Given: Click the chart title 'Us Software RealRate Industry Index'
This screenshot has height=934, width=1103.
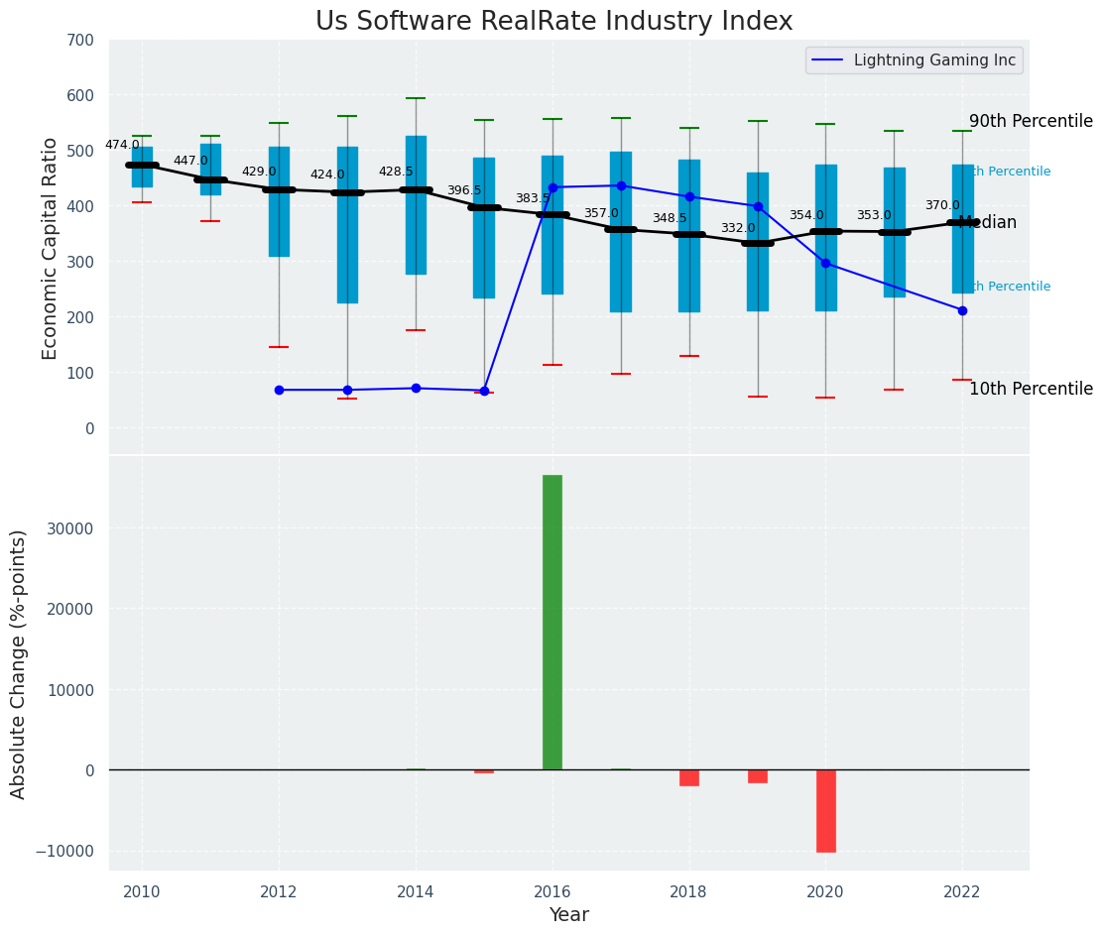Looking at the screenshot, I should [553, 22].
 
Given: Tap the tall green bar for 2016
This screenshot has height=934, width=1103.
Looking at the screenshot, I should [552, 622].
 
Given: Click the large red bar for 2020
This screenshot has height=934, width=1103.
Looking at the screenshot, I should [825, 810].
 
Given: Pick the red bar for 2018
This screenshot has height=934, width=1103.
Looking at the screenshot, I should [689, 777].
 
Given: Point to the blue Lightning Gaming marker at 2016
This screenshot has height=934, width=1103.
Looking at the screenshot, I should [552, 187].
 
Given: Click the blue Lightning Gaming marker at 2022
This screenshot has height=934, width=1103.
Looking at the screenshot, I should [962, 310].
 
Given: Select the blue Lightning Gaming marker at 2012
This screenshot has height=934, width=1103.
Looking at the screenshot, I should [279, 390].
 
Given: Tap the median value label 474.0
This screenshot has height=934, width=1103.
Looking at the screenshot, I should [122, 145].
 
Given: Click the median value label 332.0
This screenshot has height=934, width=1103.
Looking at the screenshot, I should [738, 228].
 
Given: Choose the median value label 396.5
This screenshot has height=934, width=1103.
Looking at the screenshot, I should [464, 190].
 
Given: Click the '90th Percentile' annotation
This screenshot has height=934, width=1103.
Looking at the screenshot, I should [1031, 121].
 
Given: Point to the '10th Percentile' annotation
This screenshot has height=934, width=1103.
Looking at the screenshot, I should [1031, 389].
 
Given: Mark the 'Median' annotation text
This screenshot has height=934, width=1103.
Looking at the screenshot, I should [988, 223].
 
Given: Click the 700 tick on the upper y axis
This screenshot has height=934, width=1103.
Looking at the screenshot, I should [80, 41].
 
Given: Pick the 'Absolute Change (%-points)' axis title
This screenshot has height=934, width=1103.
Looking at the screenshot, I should [19, 663].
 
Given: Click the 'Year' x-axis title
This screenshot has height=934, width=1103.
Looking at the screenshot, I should [568, 914].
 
